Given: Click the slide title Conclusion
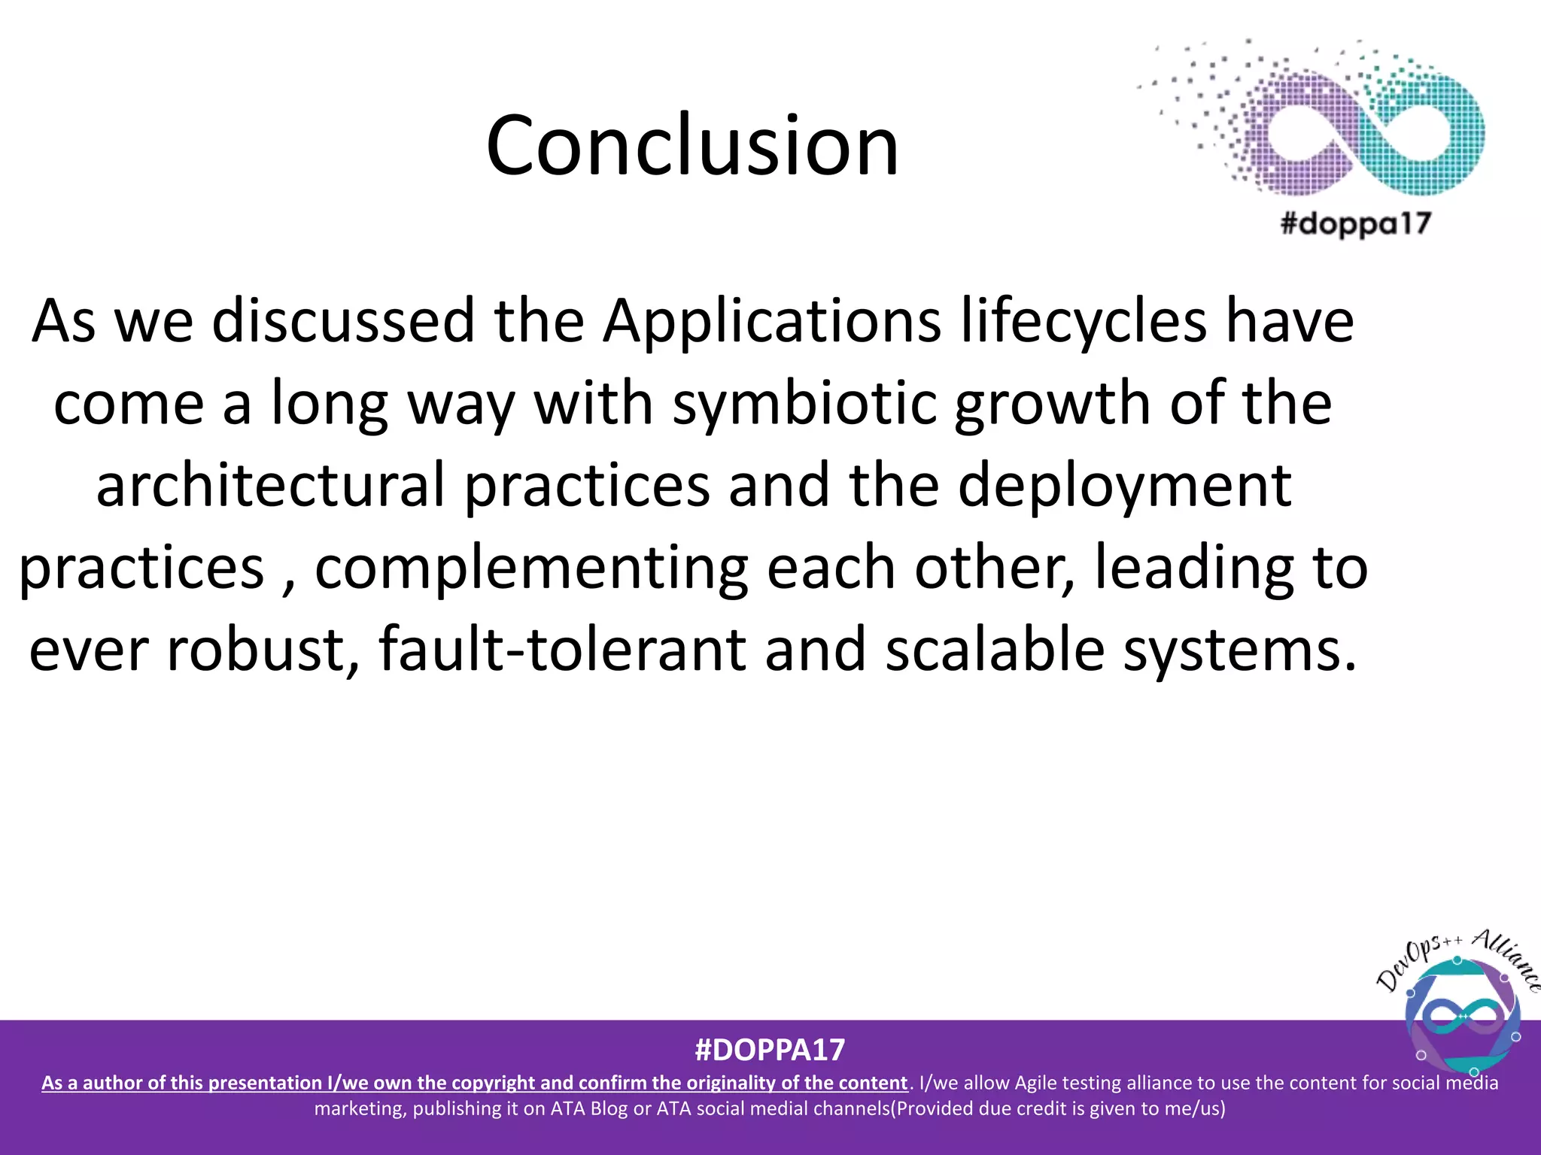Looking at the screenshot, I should pyautogui.click(x=692, y=145).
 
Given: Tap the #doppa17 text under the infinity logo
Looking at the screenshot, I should pyautogui.click(x=1355, y=223).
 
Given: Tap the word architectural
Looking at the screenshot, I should pyautogui.click(x=271, y=486).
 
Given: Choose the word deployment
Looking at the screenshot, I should pyautogui.click(x=1125, y=486).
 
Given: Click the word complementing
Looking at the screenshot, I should pyautogui.click(x=531, y=568).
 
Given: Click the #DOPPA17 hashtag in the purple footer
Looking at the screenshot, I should pyautogui.click(x=770, y=1050).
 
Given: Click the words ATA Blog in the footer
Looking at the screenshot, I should pyautogui.click(x=589, y=1108).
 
